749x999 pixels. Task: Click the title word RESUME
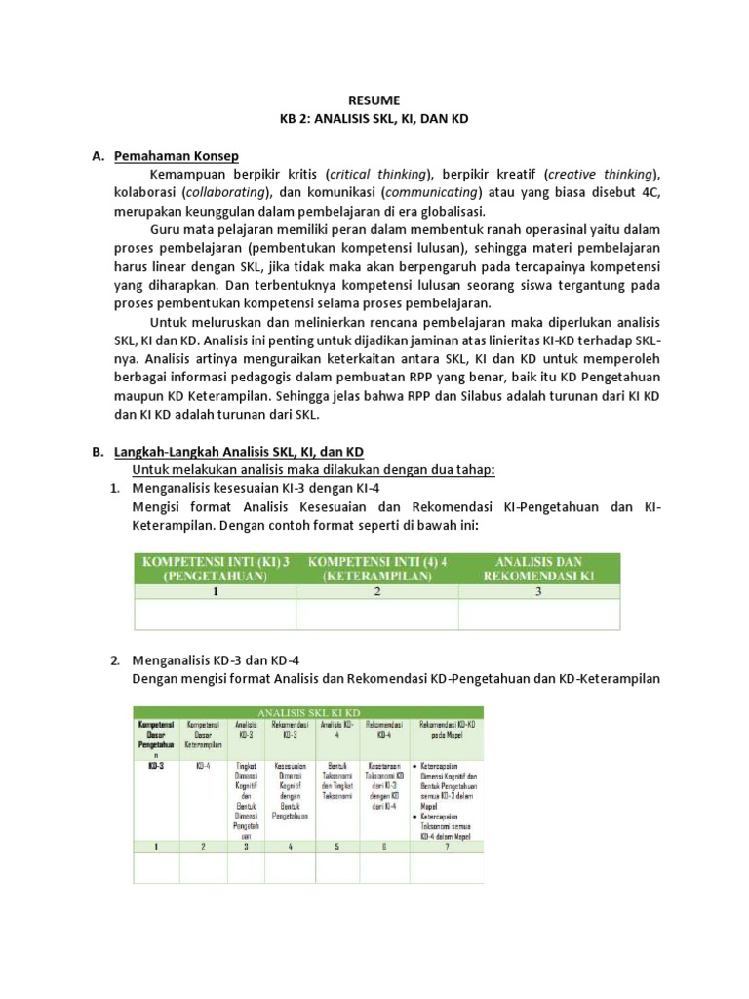coord(374,100)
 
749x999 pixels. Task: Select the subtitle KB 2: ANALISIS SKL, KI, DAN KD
coord(374,119)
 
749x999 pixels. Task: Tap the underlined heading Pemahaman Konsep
coord(177,156)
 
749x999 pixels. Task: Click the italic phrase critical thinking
coord(377,175)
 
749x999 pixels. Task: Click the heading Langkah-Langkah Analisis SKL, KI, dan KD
coord(239,452)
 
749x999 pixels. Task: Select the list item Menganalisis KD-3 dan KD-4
coord(216,661)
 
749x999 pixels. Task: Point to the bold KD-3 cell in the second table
coord(155,767)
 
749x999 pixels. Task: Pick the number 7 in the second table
coord(447,847)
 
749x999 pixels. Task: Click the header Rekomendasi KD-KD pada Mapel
coord(447,731)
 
